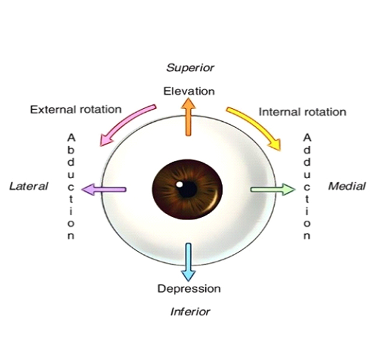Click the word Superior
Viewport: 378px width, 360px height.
click(189, 67)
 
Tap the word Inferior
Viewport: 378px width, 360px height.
click(190, 311)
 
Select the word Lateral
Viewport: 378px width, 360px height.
click(29, 186)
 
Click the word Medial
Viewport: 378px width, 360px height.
click(347, 186)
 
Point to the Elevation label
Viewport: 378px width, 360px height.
click(189, 91)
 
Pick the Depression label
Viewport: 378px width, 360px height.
click(189, 289)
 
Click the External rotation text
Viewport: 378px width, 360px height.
click(76, 109)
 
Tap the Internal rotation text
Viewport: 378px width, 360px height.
click(302, 112)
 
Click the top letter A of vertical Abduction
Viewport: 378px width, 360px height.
click(71, 137)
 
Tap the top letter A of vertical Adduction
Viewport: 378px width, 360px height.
click(307, 137)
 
